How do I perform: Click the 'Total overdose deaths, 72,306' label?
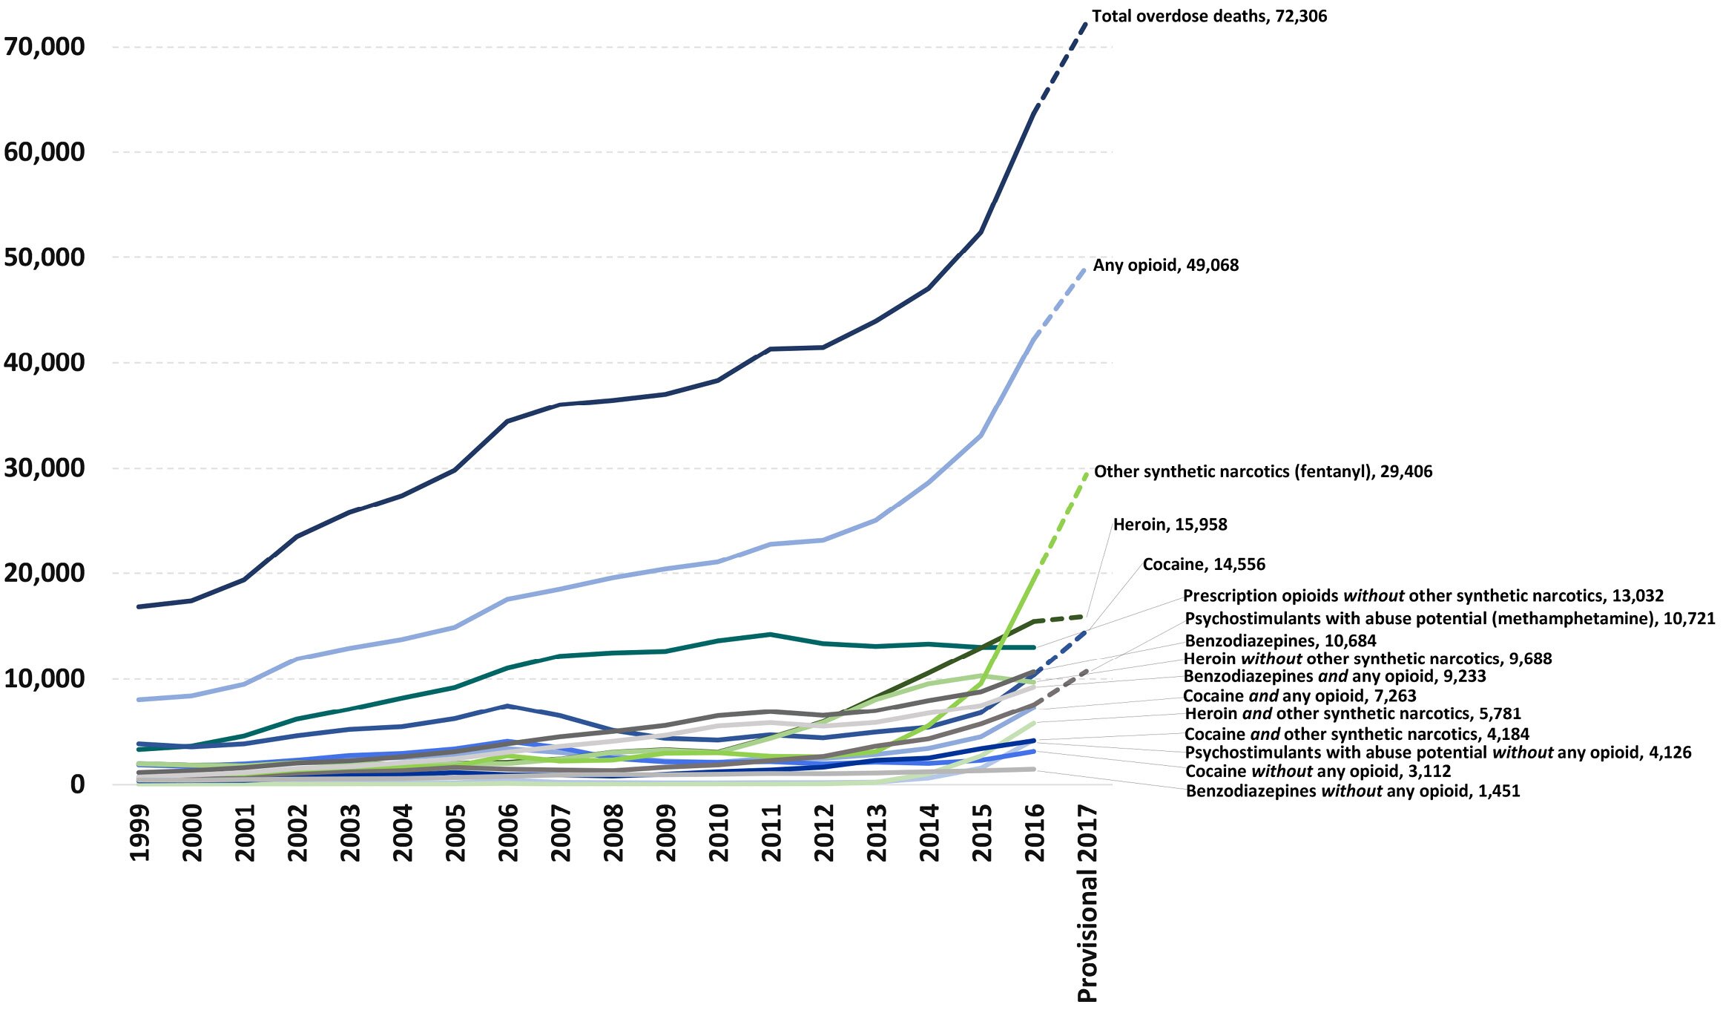[x=1209, y=16]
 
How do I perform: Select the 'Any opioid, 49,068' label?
[x=1165, y=266]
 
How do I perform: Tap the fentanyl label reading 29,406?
[x=1262, y=472]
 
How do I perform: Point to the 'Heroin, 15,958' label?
[x=1170, y=525]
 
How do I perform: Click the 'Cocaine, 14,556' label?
[x=1203, y=564]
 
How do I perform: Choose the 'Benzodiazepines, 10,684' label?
[x=1280, y=640]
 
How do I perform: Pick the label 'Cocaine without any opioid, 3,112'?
[x=1318, y=771]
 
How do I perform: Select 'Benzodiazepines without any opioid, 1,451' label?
[x=1352, y=791]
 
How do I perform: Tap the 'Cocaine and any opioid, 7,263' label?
[x=1299, y=696]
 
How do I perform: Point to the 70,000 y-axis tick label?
[x=45, y=47]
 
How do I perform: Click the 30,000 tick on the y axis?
[x=45, y=468]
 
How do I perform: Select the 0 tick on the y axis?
[x=77, y=784]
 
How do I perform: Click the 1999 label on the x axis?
[x=139, y=833]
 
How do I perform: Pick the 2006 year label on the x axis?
[x=508, y=833]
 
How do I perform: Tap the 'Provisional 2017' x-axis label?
[x=1087, y=902]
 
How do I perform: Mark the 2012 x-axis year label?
[x=824, y=833]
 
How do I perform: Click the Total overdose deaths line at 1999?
[x=139, y=606]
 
